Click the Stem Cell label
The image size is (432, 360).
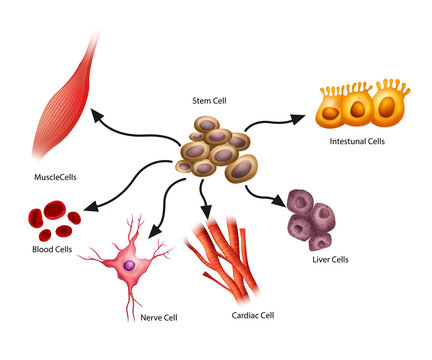pos(211,101)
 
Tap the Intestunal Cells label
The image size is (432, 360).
pos(356,141)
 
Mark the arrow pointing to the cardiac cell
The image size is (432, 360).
pos(204,200)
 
